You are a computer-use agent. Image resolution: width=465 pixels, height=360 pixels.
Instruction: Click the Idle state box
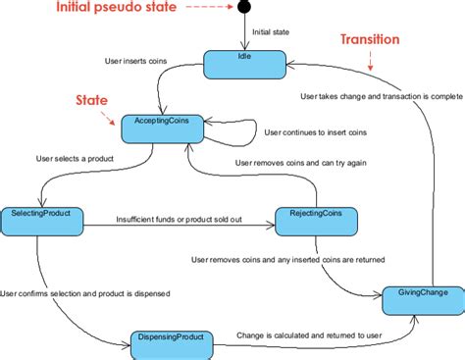pos(245,64)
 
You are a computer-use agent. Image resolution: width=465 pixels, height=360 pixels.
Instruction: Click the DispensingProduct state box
pos(174,343)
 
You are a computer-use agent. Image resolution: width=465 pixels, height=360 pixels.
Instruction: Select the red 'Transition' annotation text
pos(370,40)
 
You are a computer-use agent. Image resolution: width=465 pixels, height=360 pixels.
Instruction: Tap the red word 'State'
pos(92,101)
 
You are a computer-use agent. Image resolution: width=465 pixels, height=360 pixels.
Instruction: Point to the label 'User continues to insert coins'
pos(317,130)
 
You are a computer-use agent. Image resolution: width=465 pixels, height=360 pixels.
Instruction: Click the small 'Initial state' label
pos(273,32)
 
